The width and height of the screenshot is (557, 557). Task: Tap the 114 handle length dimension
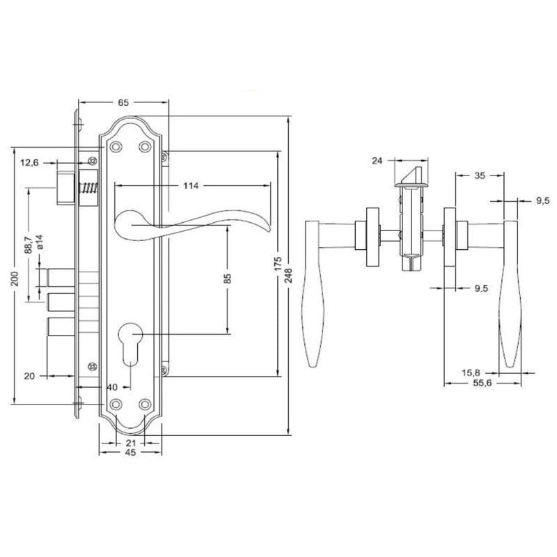pos(191,186)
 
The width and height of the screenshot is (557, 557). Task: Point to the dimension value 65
pos(124,102)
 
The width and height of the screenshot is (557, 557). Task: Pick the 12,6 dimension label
pos(29,162)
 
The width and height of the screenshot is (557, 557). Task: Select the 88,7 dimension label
pos(29,246)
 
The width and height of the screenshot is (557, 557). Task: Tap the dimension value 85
pos(227,280)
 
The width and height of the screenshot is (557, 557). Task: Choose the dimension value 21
pos(130,442)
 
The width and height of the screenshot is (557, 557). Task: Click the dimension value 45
pos(130,453)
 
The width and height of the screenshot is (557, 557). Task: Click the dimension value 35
pos(479,176)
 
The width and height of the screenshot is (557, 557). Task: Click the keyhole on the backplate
pos(130,340)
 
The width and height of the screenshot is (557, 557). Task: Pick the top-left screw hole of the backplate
pos(116,146)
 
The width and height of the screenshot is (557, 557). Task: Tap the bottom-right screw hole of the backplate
pos(145,404)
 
